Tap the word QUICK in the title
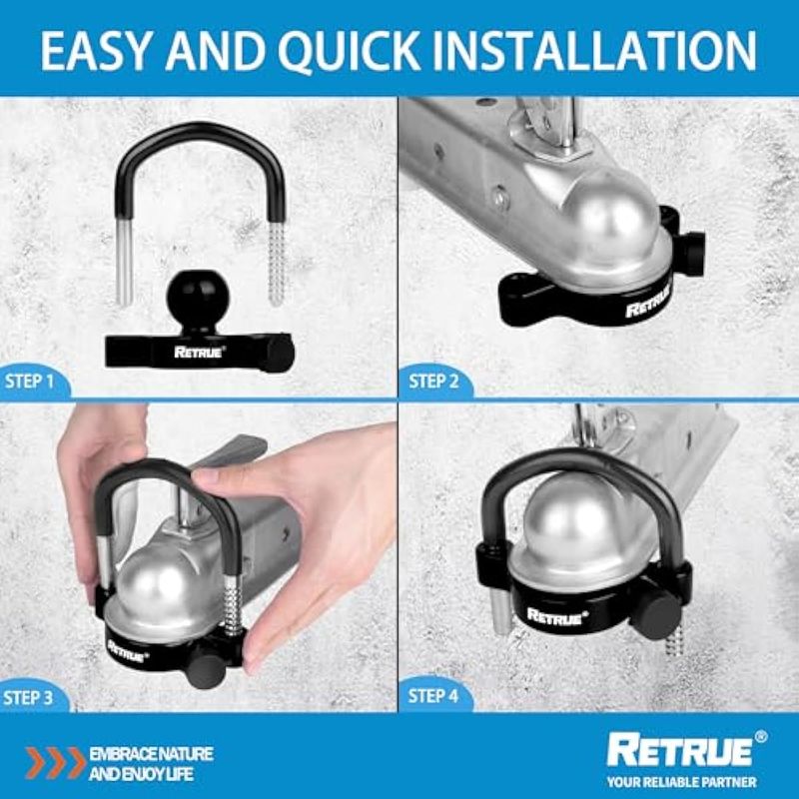(x=349, y=50)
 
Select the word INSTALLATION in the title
(x=594, y=50)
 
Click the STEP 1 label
(x=29, y=382)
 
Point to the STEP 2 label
(x=433, y=382)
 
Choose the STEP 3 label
(x=28, y=697)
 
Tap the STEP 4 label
(x=433, y=695)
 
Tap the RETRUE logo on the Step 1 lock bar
(x=199, y=352)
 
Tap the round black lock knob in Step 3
(x=206, y=671)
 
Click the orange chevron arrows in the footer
(x=56, y=763)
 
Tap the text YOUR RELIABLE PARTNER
(x=682, y=782)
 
